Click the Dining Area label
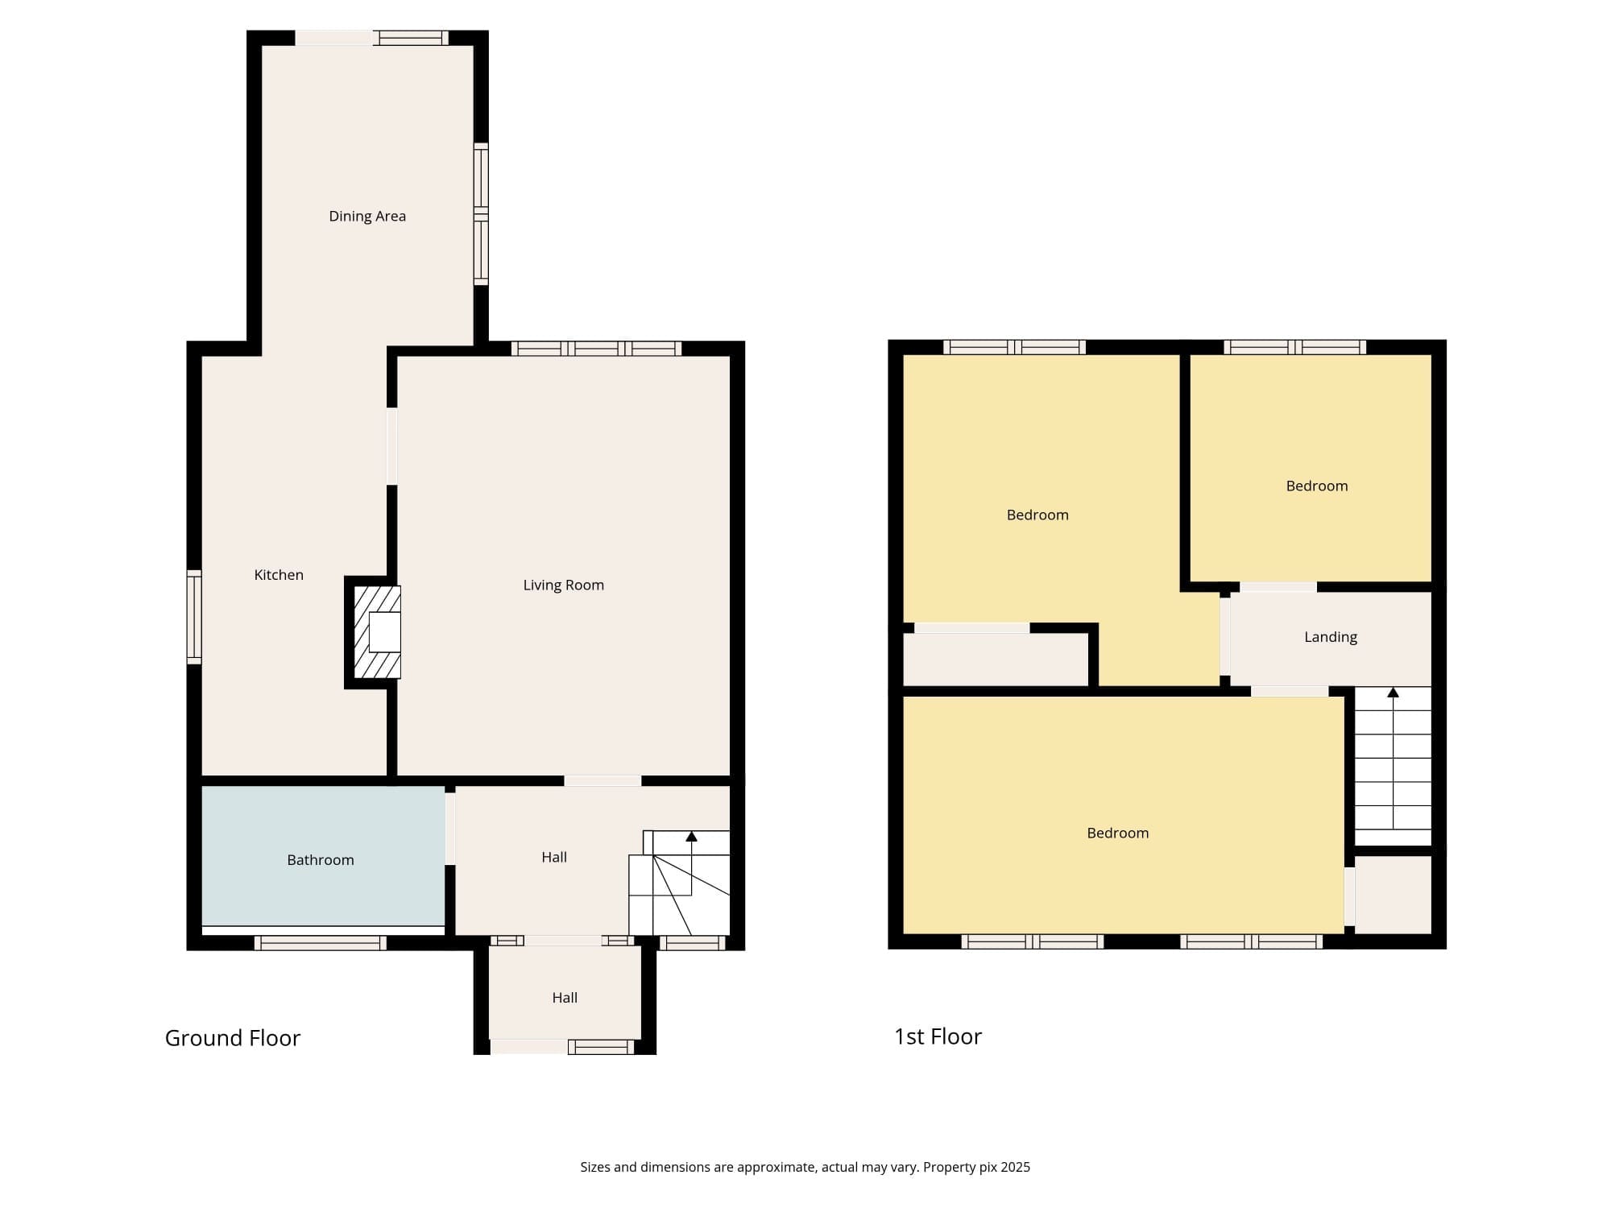pos(367,216)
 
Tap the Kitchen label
pos(279,575)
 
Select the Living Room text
pos(564,585)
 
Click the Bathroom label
pos(321,860)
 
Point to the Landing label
pos(1331,637)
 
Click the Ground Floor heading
pos(233,1038)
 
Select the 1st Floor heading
pos(938,1036)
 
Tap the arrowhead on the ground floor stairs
pos(691,837)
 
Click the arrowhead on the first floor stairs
pos(1393,693)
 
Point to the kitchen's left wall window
pos(194,618)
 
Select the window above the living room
pos(597,349)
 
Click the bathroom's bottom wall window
pos(321,943)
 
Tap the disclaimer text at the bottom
pos(805,1167)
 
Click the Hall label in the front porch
pos(565,998)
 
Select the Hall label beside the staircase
pos(554,858)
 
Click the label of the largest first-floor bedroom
pos(1118,834)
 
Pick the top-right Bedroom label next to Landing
pos(1317,486)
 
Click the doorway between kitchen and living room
pos(392,447)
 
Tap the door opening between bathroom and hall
pos(450,829)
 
